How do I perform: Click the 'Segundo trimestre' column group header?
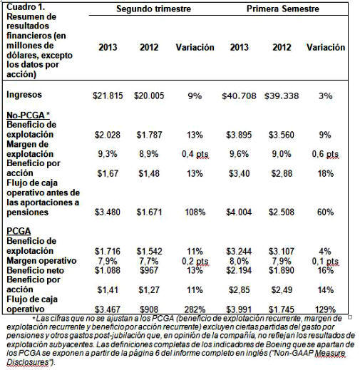point(153,9)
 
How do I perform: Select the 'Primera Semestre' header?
point(283,9)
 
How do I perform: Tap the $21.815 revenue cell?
point(108,96)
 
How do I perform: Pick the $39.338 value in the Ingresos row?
point(282,96)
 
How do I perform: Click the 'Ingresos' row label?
point(24,95)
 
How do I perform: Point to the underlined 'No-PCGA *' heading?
point(28,115)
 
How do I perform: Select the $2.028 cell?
point(108,135)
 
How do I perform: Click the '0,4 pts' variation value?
point(195,154)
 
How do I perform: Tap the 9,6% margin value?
point(239,154)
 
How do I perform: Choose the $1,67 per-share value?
point(108,173)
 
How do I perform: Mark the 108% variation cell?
point(195,212)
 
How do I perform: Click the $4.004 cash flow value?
point(239,212)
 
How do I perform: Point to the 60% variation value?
point(325,212)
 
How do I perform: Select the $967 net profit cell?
point(149,270)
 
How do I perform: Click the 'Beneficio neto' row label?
point(36,270)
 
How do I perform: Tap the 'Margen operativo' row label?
point(41,261)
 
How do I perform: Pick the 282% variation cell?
point(195,309)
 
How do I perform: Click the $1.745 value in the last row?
point(282,309)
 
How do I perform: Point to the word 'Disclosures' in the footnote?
point(28,362)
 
